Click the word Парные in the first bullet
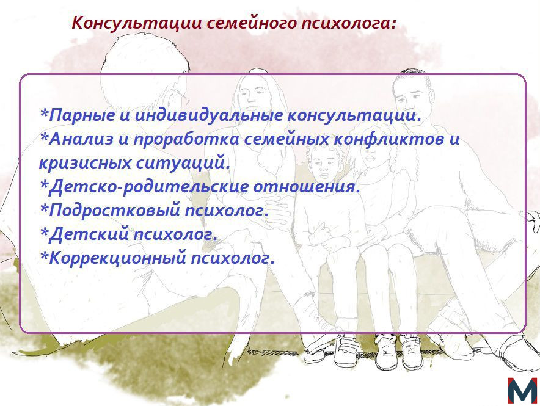point(82,115)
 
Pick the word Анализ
point(81,139)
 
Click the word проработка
point(186,140)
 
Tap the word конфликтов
point(389,139)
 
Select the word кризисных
point(85,162)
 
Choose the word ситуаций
point(183,162)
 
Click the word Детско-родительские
point(148,186)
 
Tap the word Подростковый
point(115,210)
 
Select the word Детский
point(89,234)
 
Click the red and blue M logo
point(522,390)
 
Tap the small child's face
point(323,167)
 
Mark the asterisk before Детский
point(44,231)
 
